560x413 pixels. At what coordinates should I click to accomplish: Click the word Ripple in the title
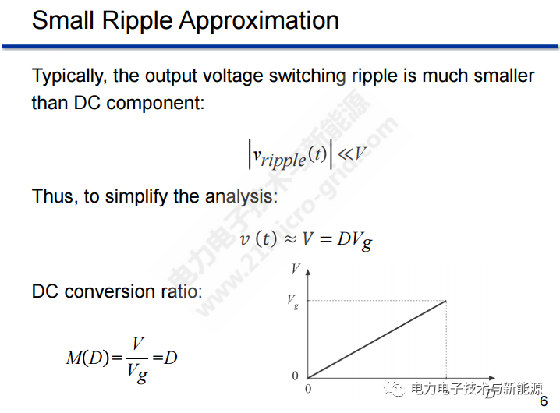point(137,21)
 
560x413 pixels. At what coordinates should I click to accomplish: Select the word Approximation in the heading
point(259,21)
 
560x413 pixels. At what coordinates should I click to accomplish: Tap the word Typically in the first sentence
point(69,76)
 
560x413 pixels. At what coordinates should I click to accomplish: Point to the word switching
point(307,76)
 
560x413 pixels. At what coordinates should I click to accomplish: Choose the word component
point(155,104)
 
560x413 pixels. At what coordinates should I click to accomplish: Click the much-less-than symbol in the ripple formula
point(345,154)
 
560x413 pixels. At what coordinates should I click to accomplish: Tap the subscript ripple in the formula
point(284,160)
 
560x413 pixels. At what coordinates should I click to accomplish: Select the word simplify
point(136,197)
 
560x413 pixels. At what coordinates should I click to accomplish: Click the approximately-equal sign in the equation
point(290,239)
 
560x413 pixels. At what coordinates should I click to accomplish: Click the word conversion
point(110,291)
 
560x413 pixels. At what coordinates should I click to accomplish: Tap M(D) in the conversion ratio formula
point(87,358)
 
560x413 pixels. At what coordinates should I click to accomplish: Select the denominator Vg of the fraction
point(137,373)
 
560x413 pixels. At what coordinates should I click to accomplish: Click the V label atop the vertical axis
point(296,268)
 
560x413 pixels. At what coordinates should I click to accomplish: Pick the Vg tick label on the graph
point(292,302)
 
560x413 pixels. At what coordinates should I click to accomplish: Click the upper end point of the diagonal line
point(446,301)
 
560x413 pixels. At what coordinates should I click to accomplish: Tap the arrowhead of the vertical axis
point(308,272)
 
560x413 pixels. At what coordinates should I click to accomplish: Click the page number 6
point(544,401)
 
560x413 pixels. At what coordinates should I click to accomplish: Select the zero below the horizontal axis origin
point(308,389)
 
